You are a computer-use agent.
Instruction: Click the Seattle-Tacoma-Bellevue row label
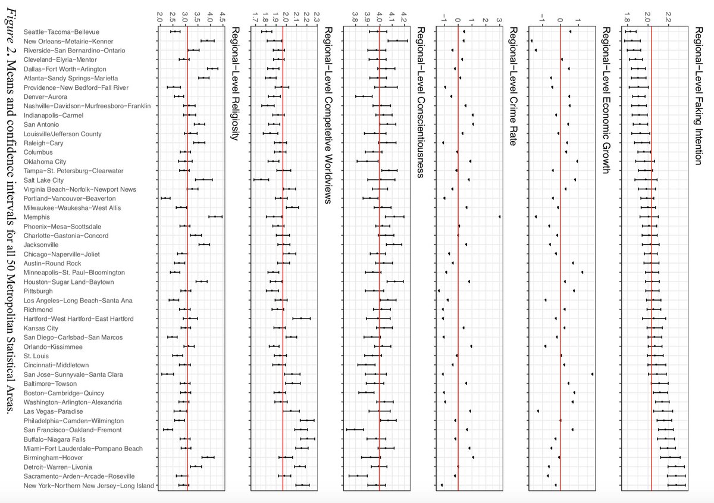pyautogui.click(x=61, y=32)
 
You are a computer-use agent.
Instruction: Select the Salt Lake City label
pyautogui.click(x=43, y=180)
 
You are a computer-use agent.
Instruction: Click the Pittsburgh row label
pyautogui.click(x=38, y=291)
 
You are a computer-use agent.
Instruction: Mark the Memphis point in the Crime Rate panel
pyautogui.click(x=500, y=217)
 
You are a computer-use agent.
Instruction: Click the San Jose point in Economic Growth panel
pyautogui.click(x=593, y=374)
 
